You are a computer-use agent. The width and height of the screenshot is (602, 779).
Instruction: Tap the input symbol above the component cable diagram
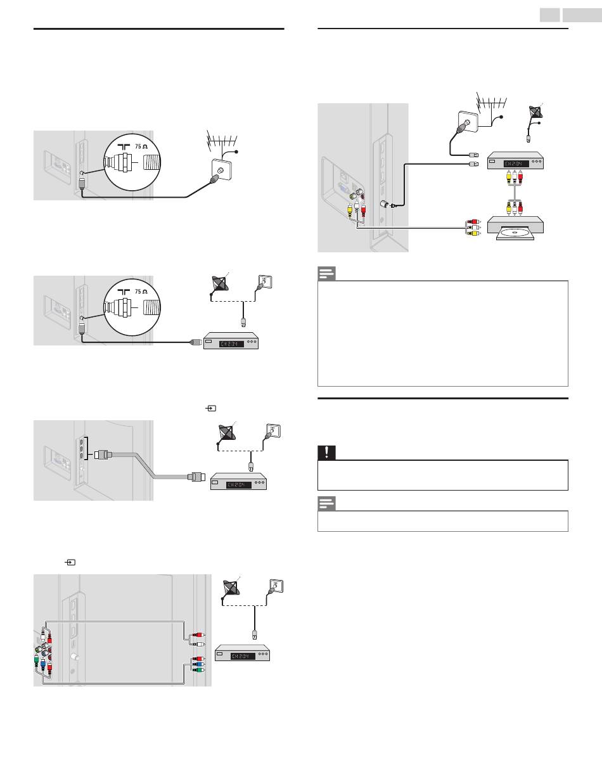tap(71, 562)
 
